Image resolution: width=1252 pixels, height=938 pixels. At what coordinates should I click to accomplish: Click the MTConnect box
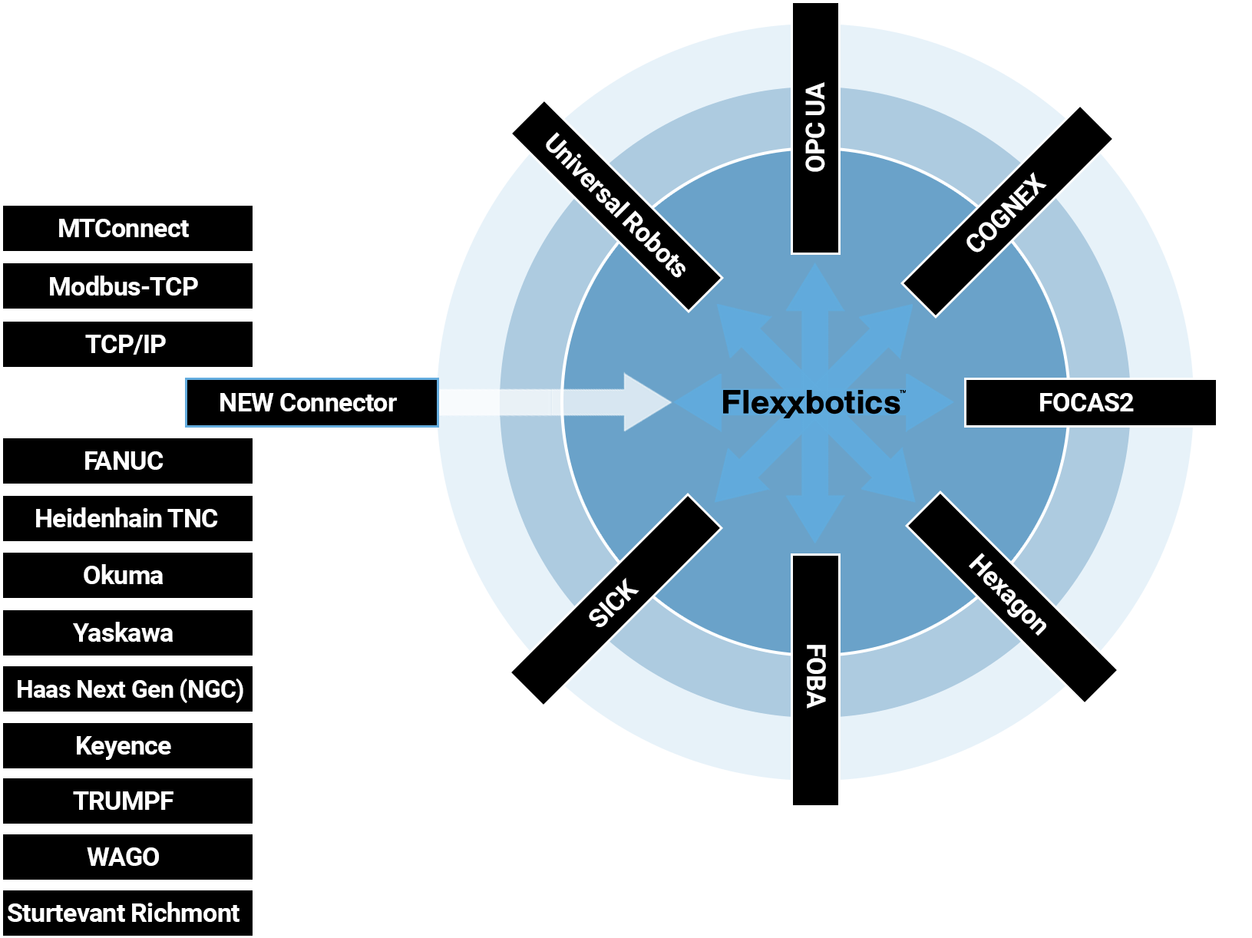(127, 228)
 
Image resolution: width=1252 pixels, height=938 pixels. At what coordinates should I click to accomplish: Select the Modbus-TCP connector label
(127, 286)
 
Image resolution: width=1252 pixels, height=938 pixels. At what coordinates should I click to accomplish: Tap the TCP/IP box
(127, 344)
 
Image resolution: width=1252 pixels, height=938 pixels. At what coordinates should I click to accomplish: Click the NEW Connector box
(311, 402)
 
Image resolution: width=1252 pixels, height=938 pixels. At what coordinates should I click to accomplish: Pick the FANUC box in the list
(127, 461)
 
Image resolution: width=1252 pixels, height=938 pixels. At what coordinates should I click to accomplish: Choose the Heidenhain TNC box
(127, 518)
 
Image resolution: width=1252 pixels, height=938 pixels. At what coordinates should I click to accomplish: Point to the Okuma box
(127, 575)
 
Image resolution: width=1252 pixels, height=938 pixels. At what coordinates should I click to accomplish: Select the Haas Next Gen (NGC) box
(127, 689)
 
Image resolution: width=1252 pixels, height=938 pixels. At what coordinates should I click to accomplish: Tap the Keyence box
(127, 745)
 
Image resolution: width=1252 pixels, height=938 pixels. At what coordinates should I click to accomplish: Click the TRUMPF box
(127, 801)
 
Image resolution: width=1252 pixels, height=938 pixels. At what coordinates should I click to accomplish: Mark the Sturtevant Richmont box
(127, 913)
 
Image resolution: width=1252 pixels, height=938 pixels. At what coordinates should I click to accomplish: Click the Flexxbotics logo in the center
(811, 403)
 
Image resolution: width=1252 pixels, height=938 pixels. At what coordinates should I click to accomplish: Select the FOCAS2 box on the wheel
(1090, 402)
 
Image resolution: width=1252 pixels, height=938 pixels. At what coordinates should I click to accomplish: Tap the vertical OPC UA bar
(815, 128)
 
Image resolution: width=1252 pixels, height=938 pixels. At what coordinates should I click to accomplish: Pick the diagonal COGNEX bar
(1007, 211)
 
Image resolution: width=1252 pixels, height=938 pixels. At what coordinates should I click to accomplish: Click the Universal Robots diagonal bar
(616, 206)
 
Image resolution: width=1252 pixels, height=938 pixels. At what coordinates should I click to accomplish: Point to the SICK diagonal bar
(615, 600)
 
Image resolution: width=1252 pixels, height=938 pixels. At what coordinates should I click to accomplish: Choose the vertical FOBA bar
(815, 679)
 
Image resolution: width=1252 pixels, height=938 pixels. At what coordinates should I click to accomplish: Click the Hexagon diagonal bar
(1012, 597)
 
